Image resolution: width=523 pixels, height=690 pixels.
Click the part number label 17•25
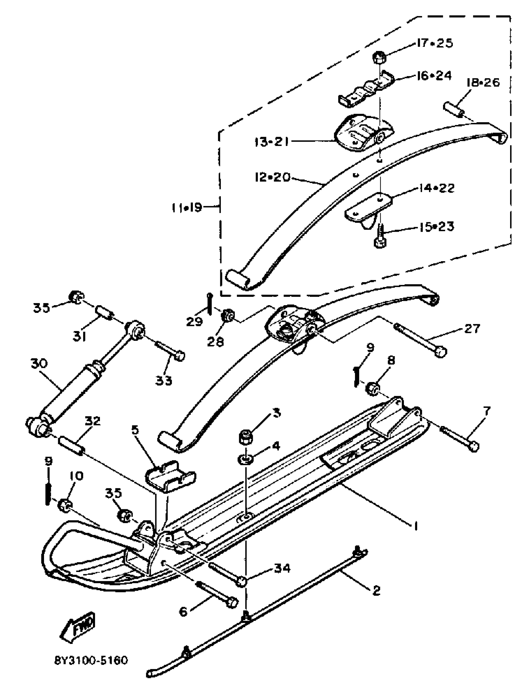(x=435, y=43)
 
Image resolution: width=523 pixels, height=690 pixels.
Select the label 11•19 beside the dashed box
(x=187, y=207)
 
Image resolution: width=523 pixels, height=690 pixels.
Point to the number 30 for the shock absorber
(x=39, y=363)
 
